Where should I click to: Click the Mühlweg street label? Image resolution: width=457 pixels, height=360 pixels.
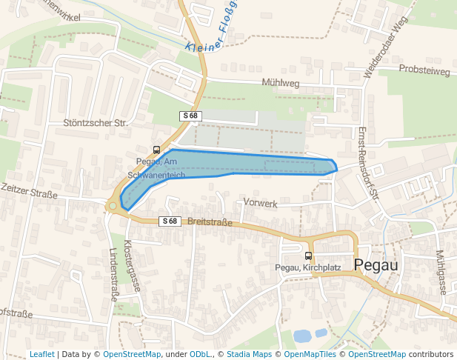tap(281, 84)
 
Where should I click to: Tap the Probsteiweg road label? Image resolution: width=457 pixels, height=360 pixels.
tap(424, 70)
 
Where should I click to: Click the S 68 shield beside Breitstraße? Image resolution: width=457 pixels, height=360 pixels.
tap(169, 221)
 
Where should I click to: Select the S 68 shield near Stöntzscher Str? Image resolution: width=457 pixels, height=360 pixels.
tap(190, 116)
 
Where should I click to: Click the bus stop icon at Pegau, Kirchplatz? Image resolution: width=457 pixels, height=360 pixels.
tap(308, 256)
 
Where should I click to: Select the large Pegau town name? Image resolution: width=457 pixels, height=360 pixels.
tap(377, 265)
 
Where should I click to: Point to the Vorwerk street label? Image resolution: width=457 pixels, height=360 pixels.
tap(260, 203)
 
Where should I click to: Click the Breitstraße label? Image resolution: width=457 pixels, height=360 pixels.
tap(210, 221)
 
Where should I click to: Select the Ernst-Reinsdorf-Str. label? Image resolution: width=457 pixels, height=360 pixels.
tap(368, 162)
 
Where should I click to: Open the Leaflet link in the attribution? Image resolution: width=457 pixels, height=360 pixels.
tap(42, 354)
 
